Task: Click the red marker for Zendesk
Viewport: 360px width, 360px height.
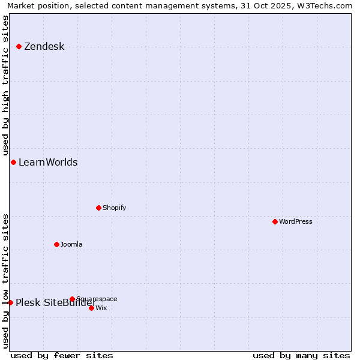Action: [19, 46]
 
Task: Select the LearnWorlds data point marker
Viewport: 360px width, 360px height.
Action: [13, 162]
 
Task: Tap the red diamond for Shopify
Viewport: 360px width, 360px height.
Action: [98, 208]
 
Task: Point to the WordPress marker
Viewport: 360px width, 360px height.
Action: [275, 221]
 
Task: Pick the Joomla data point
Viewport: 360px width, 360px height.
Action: [56, 244]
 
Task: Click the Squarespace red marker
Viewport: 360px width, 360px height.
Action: [72, 299]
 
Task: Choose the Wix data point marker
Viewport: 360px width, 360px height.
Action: [91, 308]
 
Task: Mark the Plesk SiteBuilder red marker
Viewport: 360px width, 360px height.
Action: [10, 302]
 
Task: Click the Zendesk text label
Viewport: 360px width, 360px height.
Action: [44, 47]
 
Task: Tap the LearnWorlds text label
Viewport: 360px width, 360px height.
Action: [48, 163]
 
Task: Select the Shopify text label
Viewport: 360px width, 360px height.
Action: [114, 208]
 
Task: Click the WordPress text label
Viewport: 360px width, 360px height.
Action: [295, 222]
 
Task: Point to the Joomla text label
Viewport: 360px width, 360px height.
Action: [71, 245]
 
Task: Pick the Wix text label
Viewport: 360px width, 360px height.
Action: [101, 308]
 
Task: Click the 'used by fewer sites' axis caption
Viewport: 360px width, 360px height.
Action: [62, 356]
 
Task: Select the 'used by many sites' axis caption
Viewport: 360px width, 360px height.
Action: [301, 356]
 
